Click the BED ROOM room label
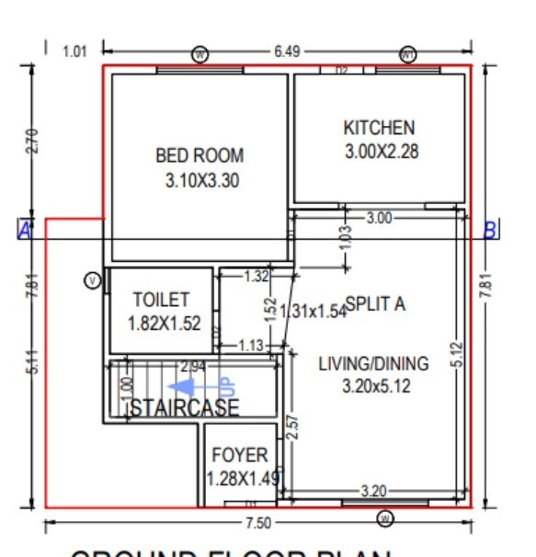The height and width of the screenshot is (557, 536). [200, 156]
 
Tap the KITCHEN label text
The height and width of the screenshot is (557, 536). [379, 128]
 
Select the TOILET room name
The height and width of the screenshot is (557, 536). [161, 300]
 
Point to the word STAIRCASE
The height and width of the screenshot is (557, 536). [184, 408]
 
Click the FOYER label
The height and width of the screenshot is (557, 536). [240, 455]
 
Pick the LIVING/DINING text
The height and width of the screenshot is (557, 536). [373, 364]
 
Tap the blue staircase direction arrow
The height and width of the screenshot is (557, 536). [191, 387]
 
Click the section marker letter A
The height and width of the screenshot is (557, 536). [25, 231]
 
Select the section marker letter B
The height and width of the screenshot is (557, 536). [491, 231]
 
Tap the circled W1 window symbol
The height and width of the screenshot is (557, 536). [408, 54]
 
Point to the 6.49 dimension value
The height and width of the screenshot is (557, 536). [286, 51]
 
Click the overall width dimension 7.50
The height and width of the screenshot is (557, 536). [257, 523]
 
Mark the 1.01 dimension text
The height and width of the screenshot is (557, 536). [74, 51]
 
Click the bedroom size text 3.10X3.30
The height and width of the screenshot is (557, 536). [201, 181]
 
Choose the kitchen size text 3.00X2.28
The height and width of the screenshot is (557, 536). [381, 152]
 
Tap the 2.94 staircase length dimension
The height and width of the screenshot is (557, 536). [193, 366]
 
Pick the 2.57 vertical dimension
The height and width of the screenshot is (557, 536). [291, 429]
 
